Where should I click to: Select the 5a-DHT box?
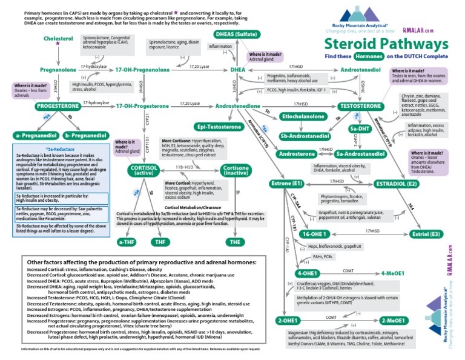pyautogui.click(x=360, y=128)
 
